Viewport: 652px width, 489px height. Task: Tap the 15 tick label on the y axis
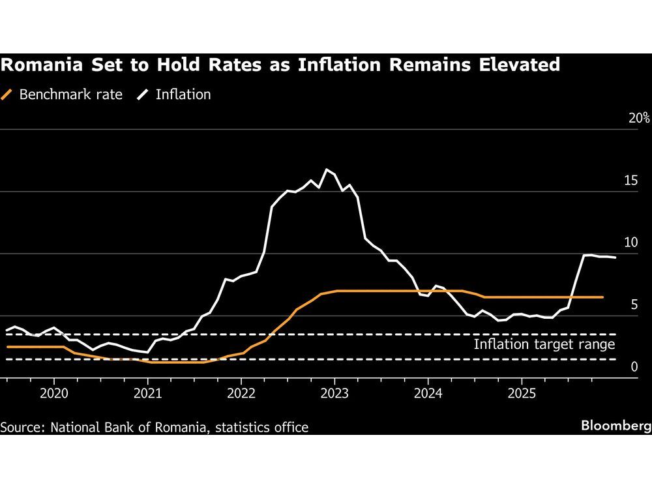click(x=630, y=181)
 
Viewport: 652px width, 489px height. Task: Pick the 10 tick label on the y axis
click(x=630, y=243)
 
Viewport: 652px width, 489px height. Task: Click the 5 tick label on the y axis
click(x=634, y=304)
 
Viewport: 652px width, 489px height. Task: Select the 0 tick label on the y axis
click(x=634, y=367)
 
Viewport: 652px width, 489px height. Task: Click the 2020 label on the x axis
click(x=53, y=394)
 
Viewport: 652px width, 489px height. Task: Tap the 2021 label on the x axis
click(x=147, y=394)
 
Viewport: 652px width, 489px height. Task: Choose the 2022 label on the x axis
click(x=241, y=394)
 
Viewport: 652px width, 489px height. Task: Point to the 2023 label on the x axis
click(x=334, y=394)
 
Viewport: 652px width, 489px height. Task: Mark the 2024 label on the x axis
click(x=428, y=394)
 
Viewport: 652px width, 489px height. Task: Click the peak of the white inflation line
click(x=327, y=170)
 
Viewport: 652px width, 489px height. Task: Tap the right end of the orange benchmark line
click(x=602, y=297)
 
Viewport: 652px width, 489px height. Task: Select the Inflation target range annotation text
click(x=544, y=344)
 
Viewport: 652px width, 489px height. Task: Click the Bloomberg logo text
click(x=616, y=426)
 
